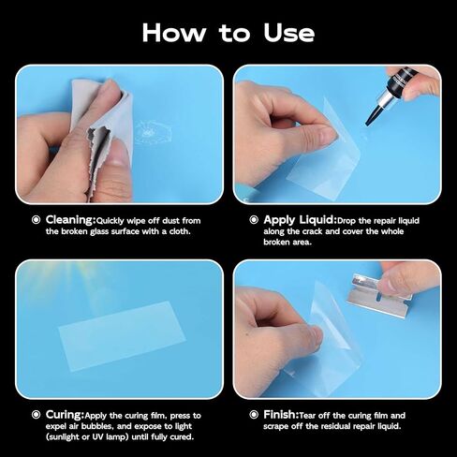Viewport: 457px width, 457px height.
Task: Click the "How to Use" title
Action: click(228, 33)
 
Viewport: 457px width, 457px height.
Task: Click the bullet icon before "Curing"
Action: click(37, 413)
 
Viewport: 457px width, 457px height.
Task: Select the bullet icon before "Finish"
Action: click(254, 413)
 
